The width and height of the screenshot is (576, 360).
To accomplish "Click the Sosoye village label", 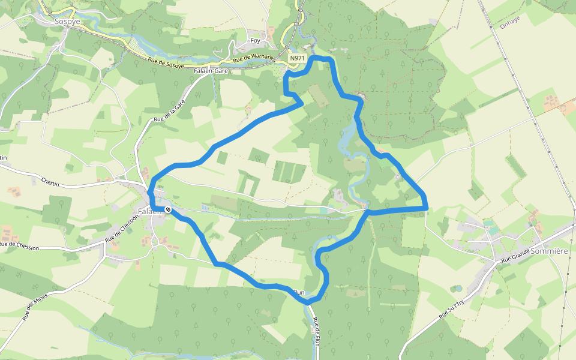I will click(x=67, y=21).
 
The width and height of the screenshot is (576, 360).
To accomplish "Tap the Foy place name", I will click(x=256, y=41).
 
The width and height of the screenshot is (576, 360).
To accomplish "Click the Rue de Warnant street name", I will click(x=253, y=59).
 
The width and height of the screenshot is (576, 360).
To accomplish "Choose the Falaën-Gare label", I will click(x=211, y=70).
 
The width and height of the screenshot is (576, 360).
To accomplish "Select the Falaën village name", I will click(x=150, y=211).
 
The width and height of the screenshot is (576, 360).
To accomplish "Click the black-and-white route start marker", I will click(x=169, y=209).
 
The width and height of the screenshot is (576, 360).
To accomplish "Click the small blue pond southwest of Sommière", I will click(x=459, y=289).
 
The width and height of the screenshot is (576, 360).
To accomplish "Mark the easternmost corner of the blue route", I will click(x=426, y=207).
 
